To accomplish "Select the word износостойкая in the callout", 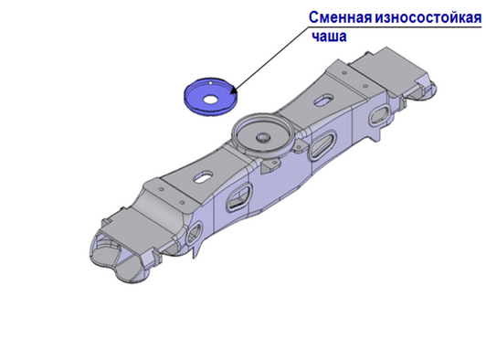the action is (428, 17).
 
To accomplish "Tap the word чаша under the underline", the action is (329, 37).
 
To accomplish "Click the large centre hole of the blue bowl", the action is (210, 100).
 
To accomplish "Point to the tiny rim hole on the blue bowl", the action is (210, 83).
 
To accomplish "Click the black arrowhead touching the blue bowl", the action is (233, 90).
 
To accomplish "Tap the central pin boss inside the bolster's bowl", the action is (263, 137).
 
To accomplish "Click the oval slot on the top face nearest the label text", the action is (324, 100).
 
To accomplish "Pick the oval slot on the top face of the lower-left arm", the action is (203, 176).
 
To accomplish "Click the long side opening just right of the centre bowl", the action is (322, 144).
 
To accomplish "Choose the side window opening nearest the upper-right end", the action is (380, 114).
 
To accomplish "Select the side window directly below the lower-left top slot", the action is (238, 197).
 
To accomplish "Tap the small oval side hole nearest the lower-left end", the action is (195, 233).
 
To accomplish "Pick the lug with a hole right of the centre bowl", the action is (300, 146).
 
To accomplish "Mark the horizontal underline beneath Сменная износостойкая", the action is (395, 27).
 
